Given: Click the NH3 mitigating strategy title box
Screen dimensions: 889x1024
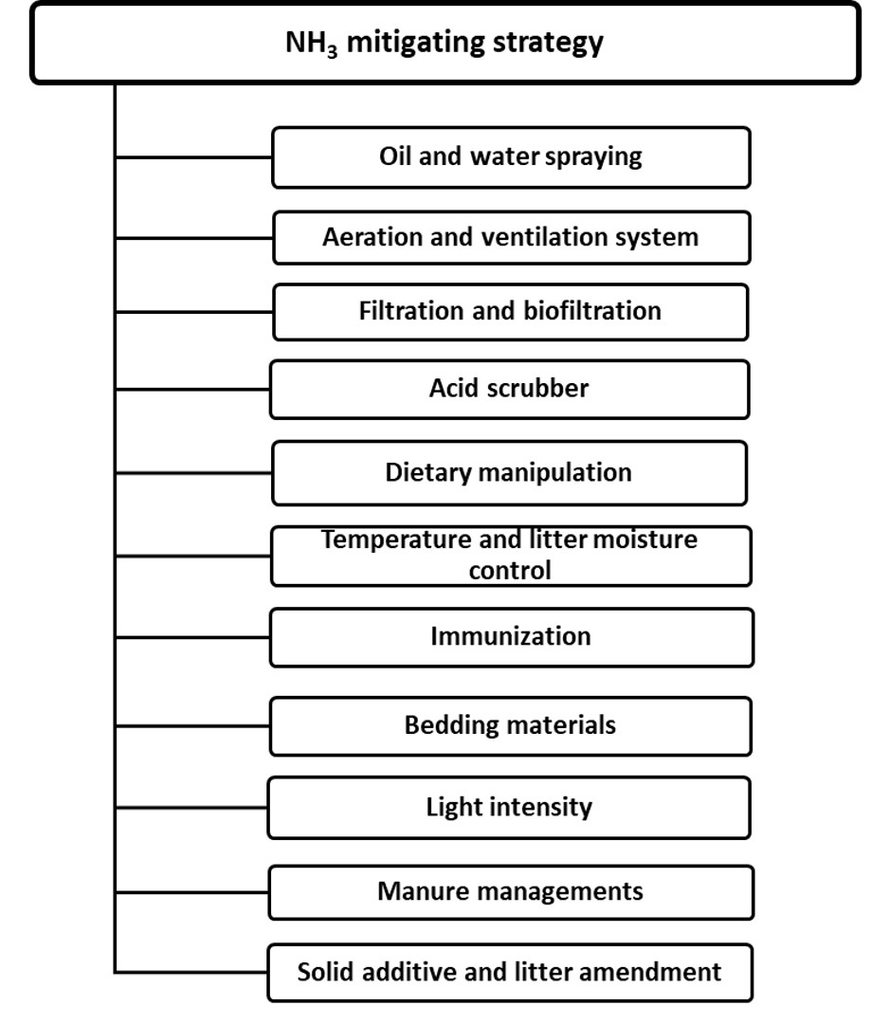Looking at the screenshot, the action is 445,43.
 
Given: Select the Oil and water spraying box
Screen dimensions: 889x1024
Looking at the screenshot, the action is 511,157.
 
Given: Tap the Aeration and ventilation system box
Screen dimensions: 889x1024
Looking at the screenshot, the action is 512,237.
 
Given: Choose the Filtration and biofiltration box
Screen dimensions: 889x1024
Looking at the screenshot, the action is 511,312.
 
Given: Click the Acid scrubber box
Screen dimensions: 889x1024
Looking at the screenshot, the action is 509,390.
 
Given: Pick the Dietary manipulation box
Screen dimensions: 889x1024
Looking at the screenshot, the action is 509,473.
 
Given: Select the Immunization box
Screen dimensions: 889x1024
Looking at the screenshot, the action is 512,637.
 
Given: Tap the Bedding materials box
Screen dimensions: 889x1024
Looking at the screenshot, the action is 511,726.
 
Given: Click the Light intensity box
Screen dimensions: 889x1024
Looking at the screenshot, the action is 509,808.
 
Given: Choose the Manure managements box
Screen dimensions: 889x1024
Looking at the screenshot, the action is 511,892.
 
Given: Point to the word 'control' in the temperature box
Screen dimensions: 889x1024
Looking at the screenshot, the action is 510,571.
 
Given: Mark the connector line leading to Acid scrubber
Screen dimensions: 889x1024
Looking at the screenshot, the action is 192,390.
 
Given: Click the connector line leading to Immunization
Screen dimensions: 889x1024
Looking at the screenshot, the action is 192,637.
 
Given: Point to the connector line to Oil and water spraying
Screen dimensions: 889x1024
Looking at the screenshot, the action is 193,156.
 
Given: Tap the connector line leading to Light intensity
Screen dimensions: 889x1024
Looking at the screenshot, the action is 191,808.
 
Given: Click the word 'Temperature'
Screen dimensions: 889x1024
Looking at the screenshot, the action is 396,540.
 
